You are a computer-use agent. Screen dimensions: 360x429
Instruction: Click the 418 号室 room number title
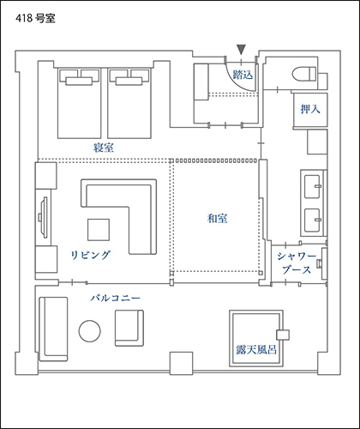[x=35, y=19]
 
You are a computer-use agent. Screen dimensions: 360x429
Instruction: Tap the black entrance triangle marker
[x=242, y=50]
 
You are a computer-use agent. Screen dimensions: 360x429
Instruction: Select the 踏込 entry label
[x=243, y=75]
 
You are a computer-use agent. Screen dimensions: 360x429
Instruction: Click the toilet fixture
[x=304, y=74]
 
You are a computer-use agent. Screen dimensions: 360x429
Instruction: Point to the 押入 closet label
[x=310, y=109]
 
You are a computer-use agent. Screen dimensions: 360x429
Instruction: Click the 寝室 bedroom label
[x=104, y=148]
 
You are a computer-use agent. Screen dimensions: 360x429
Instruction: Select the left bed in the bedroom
[x=80, y=103]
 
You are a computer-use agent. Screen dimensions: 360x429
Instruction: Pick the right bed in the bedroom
[x=129, y=103]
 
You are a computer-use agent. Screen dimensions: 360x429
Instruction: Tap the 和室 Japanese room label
[x=218, y=219]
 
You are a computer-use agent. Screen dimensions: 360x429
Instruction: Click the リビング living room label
[x=91, y=255]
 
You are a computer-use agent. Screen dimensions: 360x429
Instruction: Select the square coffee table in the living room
[x=99, y=230]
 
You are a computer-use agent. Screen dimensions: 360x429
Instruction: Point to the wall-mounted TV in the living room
[x=44, y=217]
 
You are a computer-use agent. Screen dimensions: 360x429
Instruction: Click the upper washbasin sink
[x=312, y=187]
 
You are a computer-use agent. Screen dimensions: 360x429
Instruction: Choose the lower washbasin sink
[x=312, y=221]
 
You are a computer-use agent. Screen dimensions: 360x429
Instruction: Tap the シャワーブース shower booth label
[x=297, y=263]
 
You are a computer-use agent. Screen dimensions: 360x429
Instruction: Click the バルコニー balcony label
[x=116, y=299]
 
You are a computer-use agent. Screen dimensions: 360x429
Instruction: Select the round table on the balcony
[x=90, y=331]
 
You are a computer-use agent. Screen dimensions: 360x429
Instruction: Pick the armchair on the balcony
[x=129, y=328]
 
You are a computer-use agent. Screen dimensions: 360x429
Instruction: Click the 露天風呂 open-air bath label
[x=256, y=349]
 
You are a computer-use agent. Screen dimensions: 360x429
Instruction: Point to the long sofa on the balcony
[x=53, y=329]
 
